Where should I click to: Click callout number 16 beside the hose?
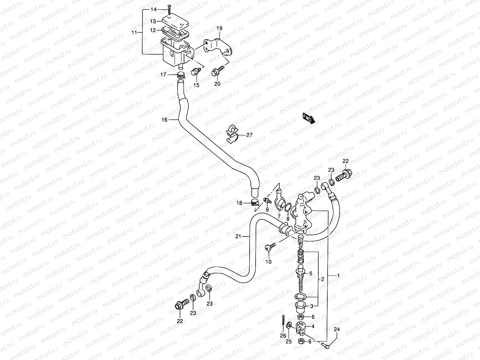point(164,120)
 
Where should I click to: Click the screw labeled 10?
point(269,247)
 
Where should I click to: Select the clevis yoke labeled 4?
point(302,328)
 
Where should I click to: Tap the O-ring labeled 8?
point(287,207)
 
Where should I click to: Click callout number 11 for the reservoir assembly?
point(134,32)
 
